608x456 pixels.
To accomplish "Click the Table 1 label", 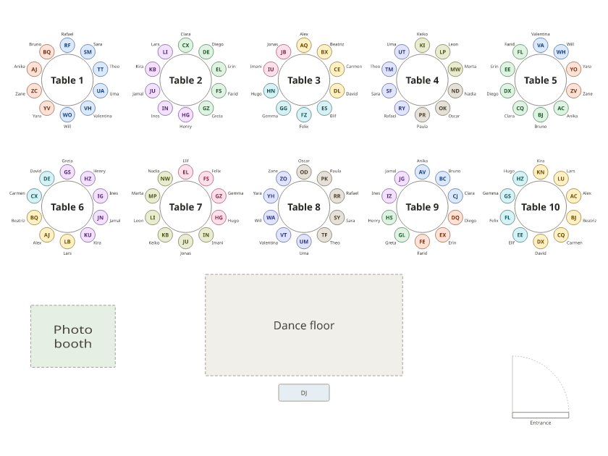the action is point(67,80).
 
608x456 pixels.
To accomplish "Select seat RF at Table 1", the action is point(67,46).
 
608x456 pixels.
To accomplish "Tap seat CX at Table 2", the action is point(186,46).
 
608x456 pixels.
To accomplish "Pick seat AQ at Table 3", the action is point(304,46).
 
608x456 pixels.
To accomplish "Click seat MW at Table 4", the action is point(455,69).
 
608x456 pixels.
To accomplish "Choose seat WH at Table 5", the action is point(561,52).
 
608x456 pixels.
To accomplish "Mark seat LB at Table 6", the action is point(67,242).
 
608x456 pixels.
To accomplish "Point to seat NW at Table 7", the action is point(165,179).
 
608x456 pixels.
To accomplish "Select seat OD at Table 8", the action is point(304,172).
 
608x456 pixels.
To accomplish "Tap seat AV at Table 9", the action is point(422,172).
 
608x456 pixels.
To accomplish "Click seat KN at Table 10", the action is point(541,172).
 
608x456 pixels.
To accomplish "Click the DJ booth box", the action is point(304,393).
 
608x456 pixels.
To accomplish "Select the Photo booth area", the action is point(73,336).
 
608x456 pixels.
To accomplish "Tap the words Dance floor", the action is point(304,325).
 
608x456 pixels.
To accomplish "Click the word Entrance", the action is point(541,423).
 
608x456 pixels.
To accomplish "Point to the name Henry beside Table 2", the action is point(186,127).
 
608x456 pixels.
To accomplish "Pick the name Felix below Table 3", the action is point(304,127).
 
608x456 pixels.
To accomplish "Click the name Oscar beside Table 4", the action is point(454,116).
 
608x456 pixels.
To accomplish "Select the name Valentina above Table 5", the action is point(541,34).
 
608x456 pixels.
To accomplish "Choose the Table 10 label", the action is point(541,207).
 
